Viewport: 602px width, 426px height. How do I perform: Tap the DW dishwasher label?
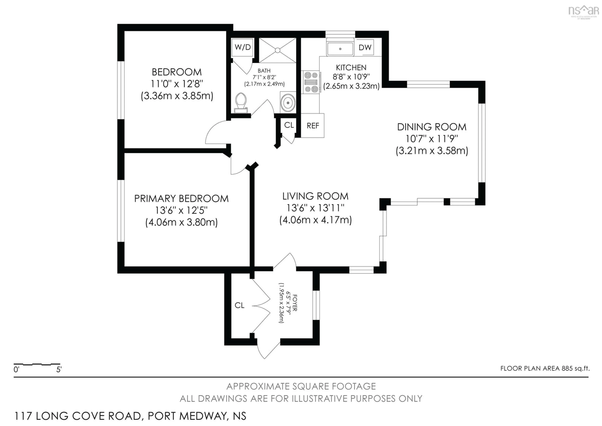[x=365, y=48]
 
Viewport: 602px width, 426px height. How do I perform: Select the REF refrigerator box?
[x=313, y=126]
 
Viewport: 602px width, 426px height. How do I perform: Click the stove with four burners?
[x=311, y=82]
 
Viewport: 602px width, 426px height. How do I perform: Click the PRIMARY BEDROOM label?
[x=181, y=199]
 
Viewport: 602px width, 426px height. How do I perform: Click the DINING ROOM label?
[x=432, y=127]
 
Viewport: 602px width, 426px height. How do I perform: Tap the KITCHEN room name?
[x=351, y=68]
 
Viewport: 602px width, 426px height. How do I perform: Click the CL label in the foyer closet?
[x=239, y=305]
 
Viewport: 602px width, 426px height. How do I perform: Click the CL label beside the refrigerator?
[x=289, y=125]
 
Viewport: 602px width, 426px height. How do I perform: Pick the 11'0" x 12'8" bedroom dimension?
[x=177, y=84]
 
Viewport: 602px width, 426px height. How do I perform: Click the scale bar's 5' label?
[x=59, y=369]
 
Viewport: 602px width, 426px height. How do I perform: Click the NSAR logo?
[x=583, y=11]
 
